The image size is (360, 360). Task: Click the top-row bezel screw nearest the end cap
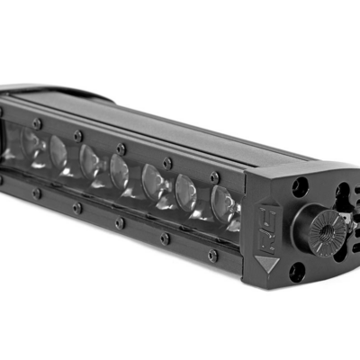(x=215, y=176)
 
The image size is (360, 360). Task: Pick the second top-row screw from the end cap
(x=167, y=162)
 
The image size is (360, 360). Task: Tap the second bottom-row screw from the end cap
(x=164, y=238)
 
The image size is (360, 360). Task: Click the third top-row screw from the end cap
(x=120, y=148)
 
